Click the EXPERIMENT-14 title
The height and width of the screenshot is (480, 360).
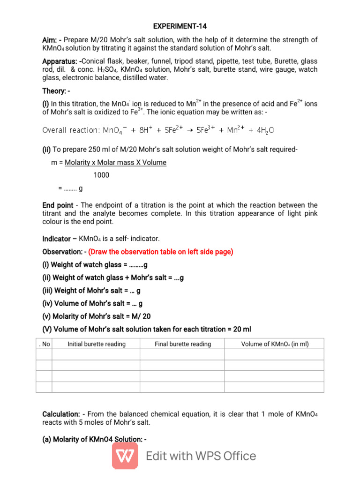click(x=180, y=26)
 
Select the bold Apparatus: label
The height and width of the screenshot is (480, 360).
click(x=61, y=61)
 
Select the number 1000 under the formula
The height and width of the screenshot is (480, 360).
click(x=101, y=175)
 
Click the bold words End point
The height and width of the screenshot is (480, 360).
click(x=58, y=205)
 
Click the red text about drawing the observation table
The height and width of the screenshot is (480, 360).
click(x=160, y=252)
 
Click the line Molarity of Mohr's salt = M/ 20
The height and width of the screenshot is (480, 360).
click(x=97, y=316)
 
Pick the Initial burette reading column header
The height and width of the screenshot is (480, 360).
click(x=97, y=344)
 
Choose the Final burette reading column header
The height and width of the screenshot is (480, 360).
click(x=183, y=344)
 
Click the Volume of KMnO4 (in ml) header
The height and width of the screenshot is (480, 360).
click(x=275, y=344)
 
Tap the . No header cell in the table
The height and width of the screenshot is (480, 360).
click(x=45, y=344)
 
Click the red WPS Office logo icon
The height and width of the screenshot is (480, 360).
click(x=125, y=456)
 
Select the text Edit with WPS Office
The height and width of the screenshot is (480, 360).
click(x=201, y=456)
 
